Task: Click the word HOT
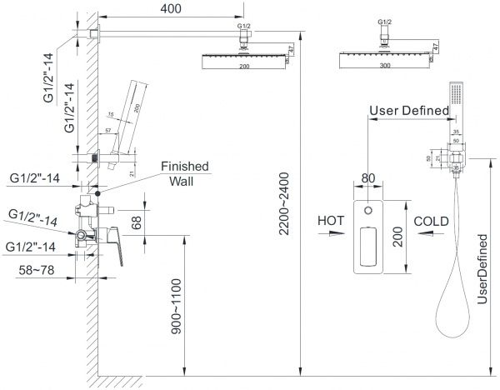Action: [x=332, y=222]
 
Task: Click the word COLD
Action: [x=432, y=222]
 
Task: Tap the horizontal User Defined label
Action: [x=402, y=110]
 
